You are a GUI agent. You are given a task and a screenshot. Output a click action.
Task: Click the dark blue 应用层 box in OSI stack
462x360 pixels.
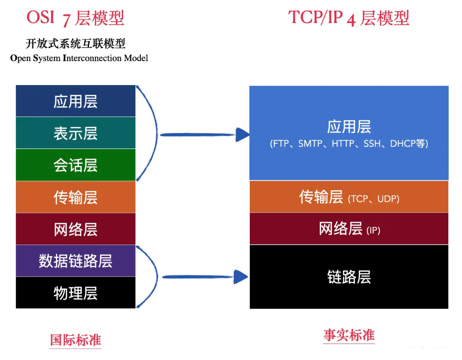click(75, 101)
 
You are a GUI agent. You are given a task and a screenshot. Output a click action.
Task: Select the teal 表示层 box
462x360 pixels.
click(75, 133)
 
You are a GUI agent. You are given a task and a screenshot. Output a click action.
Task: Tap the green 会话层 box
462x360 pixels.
click(75, 165)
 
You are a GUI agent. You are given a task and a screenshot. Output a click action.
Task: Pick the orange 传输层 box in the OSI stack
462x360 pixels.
click(75, 197)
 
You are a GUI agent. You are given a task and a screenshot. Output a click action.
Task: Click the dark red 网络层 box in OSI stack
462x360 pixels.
click(75, 229)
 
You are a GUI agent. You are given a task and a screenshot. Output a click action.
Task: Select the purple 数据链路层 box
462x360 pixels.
click(75, 261)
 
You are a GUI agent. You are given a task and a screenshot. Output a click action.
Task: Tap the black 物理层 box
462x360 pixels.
click(75, 293)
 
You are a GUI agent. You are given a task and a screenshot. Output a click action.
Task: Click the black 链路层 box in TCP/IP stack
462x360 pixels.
click(349, 277)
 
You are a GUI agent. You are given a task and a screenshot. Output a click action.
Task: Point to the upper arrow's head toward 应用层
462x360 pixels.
click(242, 135)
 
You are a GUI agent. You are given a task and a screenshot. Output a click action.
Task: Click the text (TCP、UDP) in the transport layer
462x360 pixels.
click(374, 199)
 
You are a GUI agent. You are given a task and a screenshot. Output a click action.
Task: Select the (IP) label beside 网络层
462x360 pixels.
click(374, 231)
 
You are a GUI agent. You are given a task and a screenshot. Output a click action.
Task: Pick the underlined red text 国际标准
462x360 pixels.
click(76, 340)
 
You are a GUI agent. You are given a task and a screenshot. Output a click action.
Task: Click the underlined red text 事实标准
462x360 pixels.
click(349, 335)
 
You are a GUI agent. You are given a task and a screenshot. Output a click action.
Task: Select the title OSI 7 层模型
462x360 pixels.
click(75, 18)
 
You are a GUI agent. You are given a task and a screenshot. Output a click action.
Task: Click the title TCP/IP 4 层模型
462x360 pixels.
click(348, 18)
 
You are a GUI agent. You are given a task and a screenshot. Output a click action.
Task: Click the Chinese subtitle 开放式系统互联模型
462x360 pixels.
click(76, 44)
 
